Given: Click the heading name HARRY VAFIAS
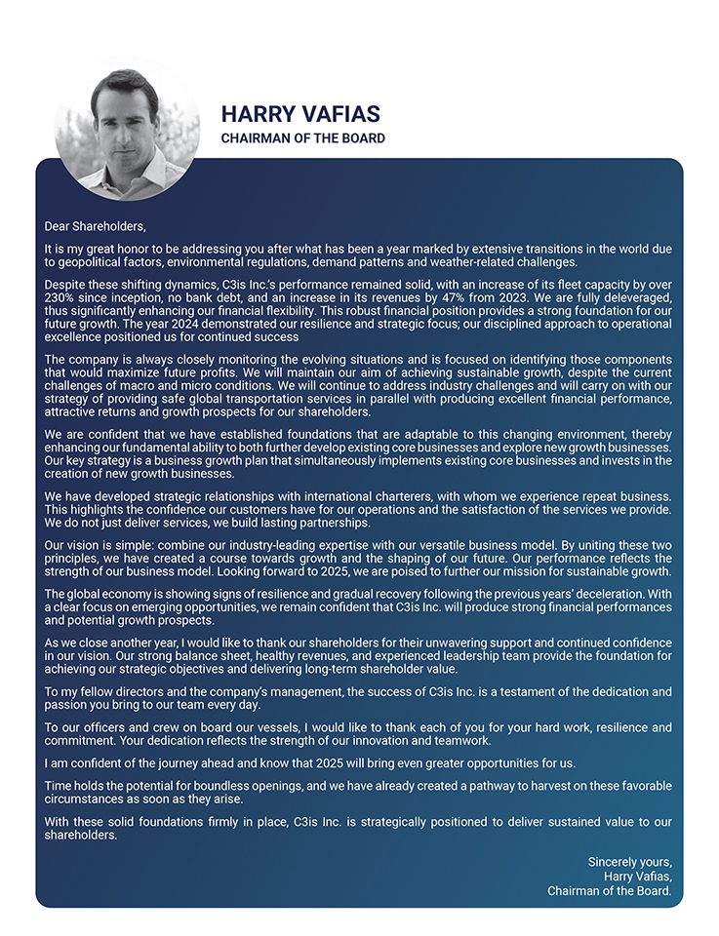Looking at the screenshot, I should click(x=300, y=114).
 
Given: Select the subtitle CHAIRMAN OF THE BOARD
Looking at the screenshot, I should click(x=302, y=138).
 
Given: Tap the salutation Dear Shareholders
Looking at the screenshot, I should click(x=95, y=227).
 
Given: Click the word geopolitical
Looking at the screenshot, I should click(x=94, y=262).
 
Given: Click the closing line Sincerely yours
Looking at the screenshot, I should click(x=629, y=863).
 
